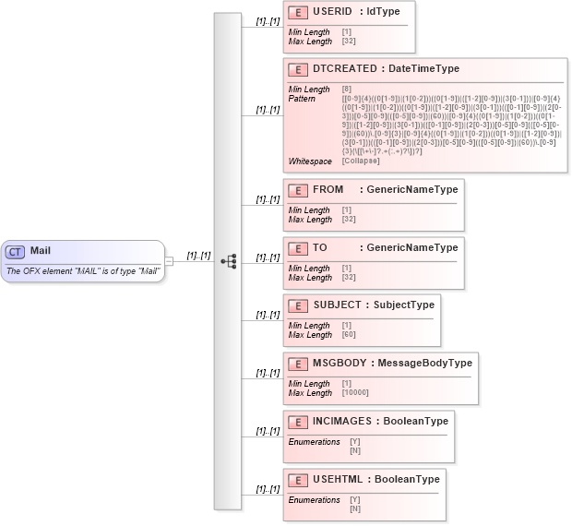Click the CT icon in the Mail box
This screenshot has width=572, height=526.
coord(16,251)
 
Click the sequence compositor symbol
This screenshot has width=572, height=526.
coord(228,262)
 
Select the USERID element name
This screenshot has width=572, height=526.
coord(332,12)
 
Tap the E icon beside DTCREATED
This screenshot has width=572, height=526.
coord(297,69)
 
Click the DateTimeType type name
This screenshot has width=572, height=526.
coord(423,69)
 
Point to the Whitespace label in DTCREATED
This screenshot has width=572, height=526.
coord(310,161)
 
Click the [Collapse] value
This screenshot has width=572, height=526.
coord(361,161)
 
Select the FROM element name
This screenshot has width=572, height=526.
coord(328,190)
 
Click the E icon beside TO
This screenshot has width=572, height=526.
coord(297,248)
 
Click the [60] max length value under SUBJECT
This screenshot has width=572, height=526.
coord(349,335)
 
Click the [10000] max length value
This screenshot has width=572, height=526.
coord(355,393)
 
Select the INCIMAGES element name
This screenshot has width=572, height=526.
coord(343,421)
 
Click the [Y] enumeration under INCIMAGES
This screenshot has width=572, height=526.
coord(355,442)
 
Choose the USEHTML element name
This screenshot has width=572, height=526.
coord(338,479)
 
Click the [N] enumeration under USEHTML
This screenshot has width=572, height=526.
coord(355,508)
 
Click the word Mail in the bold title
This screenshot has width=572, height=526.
coord(41,251)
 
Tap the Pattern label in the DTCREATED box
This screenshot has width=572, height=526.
coord(303,98)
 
